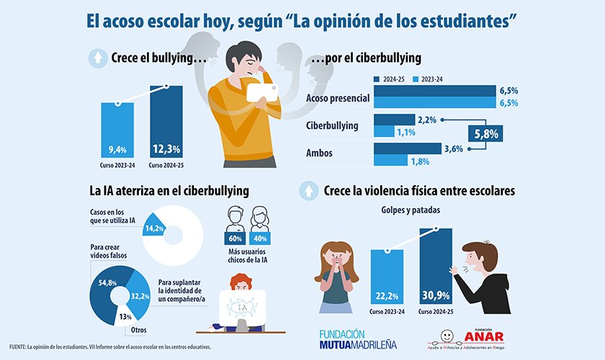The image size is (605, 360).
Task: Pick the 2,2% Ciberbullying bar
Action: tap(395, 119)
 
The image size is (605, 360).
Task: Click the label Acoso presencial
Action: tap(337, 97)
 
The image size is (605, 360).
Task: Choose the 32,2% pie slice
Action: tap(143, 294)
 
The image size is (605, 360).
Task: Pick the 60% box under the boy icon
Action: tap(233, 239)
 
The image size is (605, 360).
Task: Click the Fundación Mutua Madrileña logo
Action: tap(358, 339)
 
